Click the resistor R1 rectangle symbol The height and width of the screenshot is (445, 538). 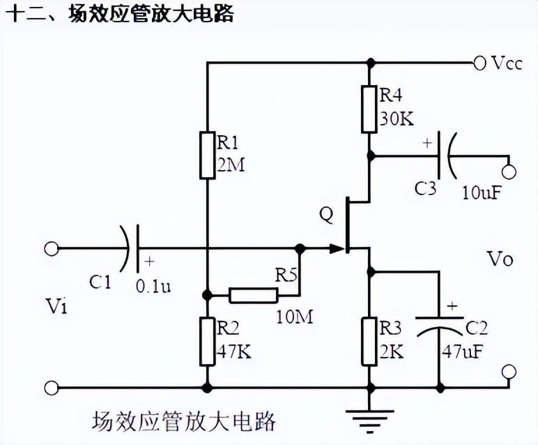pyautogui.click(x=207, y=154)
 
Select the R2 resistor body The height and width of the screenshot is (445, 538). pyautogui.click(x=207, y=341)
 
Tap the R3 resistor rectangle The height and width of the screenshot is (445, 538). pyautogui.click(x=370, y=341)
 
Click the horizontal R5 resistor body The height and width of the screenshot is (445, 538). pyautogui.click(x=254, y=294)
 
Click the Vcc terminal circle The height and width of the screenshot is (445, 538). pyautogui.click(x=479, y=63)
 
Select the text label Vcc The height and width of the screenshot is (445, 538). pyautogui.click(x=506, y=63)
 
